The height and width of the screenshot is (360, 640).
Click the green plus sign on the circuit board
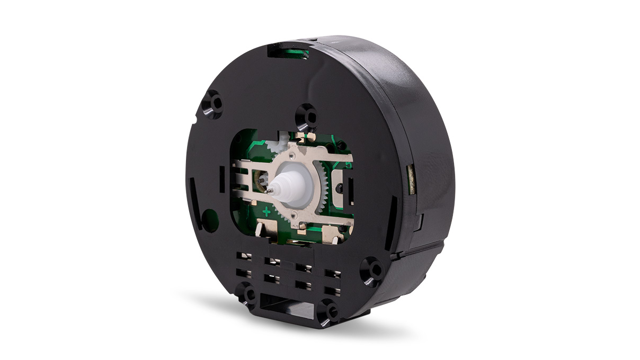click(x=266, y=211)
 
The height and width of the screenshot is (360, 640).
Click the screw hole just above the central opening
click(x=306, y=114)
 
